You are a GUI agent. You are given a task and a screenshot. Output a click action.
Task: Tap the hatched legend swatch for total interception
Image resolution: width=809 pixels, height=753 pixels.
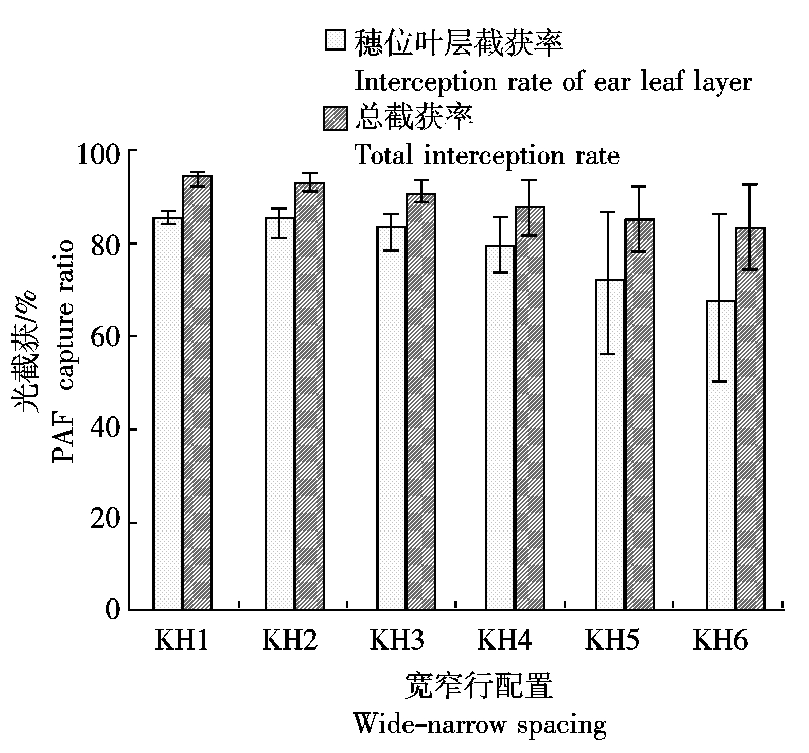pyautogui.click(x=336, y=118)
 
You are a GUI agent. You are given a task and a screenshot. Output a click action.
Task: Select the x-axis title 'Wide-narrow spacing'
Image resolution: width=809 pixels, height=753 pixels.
pyautogui.click(x=480, y=725)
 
